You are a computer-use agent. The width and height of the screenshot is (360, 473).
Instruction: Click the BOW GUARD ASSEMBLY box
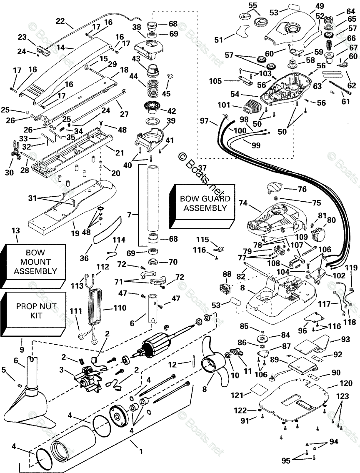[x=205, y=203]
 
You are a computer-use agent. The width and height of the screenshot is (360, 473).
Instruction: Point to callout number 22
[x=60, y=21]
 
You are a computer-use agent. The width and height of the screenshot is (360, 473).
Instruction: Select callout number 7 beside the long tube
[x=130, y=215]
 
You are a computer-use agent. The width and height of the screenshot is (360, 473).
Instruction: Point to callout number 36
[x=84, y=258]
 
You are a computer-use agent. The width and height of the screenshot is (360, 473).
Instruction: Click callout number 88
[x=226, y=274]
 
